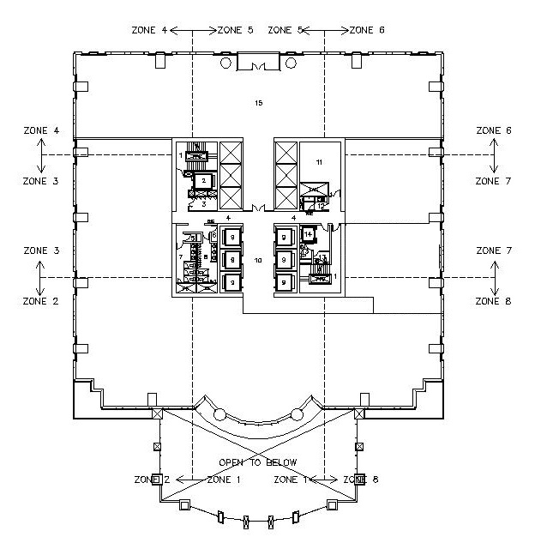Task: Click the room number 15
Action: (258, 103)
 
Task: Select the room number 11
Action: (319, 161)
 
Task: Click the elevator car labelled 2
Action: (203, 181)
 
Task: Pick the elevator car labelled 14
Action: (308, 234)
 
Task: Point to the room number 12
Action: (321, 206)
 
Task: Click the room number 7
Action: (180, 256)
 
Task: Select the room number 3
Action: (202, 204)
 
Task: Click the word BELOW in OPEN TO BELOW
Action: (283, 462)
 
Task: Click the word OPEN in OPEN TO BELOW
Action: (232, 462)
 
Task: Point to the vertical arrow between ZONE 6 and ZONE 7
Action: (495, 156)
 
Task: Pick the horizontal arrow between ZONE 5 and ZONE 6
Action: (324, 30)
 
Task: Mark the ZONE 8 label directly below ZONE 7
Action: (494, 302)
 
